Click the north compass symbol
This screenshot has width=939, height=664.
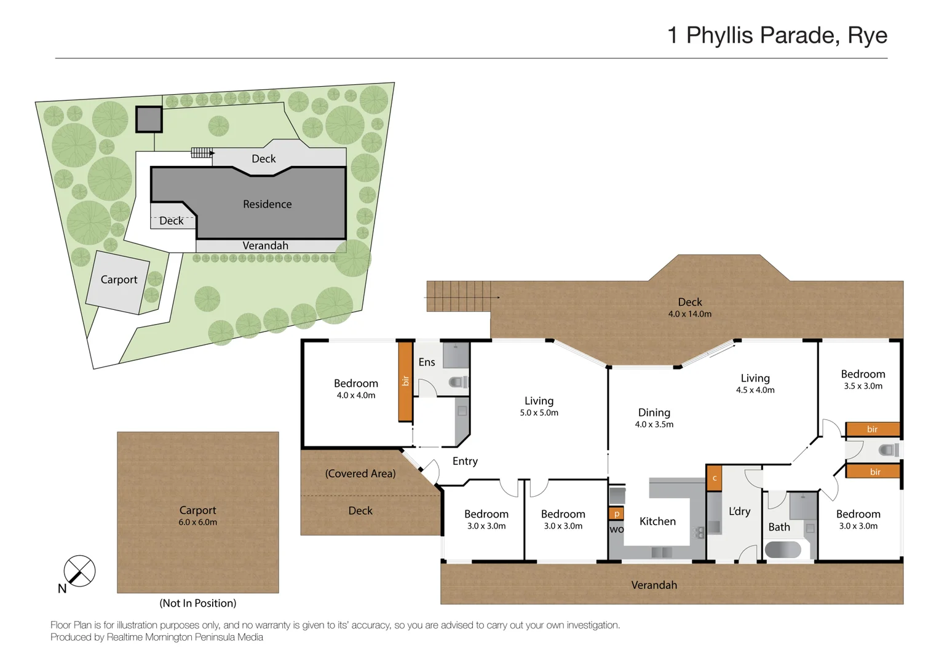[79, 571]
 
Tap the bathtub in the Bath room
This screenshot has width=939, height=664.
[783, 550]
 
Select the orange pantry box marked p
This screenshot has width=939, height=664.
[616, 513]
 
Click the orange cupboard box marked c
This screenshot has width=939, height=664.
[715, 478]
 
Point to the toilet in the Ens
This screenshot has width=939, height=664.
[458, 382]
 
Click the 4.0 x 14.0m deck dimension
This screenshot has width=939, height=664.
[689, 314]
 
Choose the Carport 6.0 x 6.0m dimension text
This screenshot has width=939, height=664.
[197, 523]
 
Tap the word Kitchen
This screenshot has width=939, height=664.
[657, 521]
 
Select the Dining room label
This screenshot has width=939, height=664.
[654, 413]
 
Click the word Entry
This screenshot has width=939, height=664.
[465, 461]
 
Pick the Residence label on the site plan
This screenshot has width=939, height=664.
[267, 204]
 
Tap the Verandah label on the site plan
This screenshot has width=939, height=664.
[266, 246]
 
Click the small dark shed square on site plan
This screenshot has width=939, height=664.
[149, 119]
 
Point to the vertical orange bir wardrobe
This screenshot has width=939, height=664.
[405, 382]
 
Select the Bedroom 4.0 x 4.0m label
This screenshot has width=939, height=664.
[356, 389]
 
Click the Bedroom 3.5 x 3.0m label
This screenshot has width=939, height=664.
[863, 379]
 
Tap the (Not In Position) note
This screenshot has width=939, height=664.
[198, 603]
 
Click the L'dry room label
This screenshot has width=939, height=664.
[740, 512]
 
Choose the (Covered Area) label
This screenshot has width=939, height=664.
[360, 473]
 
